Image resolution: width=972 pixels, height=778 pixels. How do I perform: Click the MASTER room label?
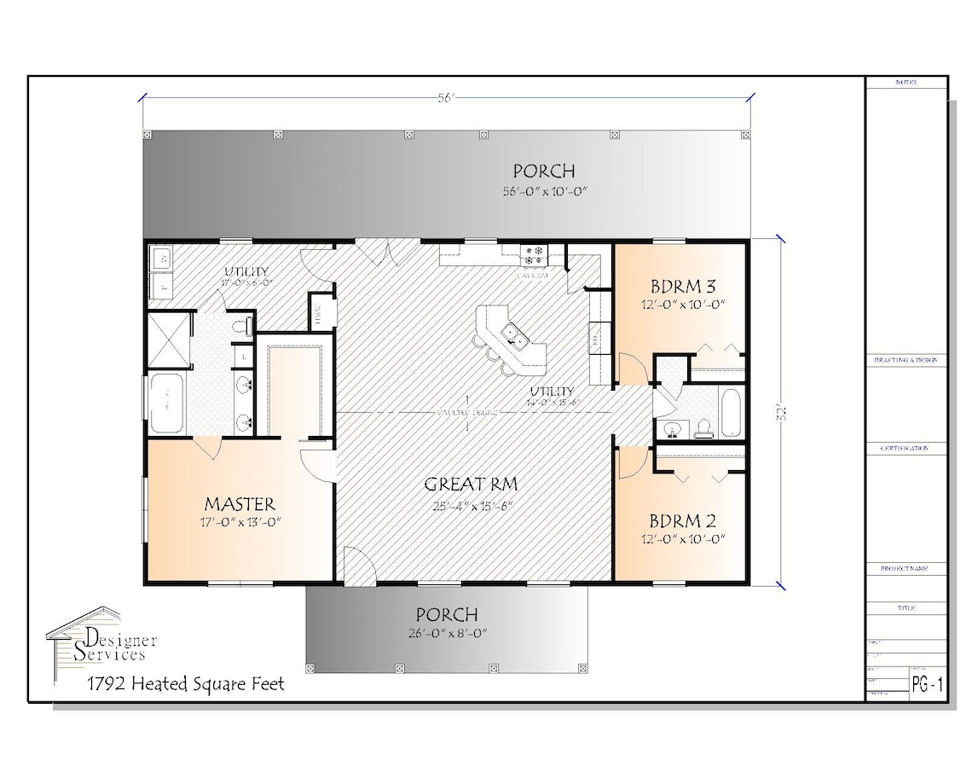coord(239,503)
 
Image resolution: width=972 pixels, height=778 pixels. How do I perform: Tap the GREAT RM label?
coord(472,485)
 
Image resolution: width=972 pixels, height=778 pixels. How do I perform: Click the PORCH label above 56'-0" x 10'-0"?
coord(543,171)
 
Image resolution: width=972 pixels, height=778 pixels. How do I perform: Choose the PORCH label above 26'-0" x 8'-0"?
coord(446,614)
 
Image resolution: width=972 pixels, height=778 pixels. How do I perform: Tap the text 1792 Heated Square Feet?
coord(185,683)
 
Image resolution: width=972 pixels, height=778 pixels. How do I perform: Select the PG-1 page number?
coord(926,684)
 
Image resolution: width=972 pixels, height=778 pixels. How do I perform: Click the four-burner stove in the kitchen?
coord(535,253)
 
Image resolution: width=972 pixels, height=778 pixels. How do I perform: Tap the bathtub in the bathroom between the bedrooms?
coord(732,414)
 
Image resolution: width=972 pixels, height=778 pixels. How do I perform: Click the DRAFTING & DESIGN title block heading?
coord(906,361)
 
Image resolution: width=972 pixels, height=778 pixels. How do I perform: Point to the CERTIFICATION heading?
coord(906,448)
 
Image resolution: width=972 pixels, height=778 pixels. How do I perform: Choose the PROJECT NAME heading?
coord(906,568)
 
